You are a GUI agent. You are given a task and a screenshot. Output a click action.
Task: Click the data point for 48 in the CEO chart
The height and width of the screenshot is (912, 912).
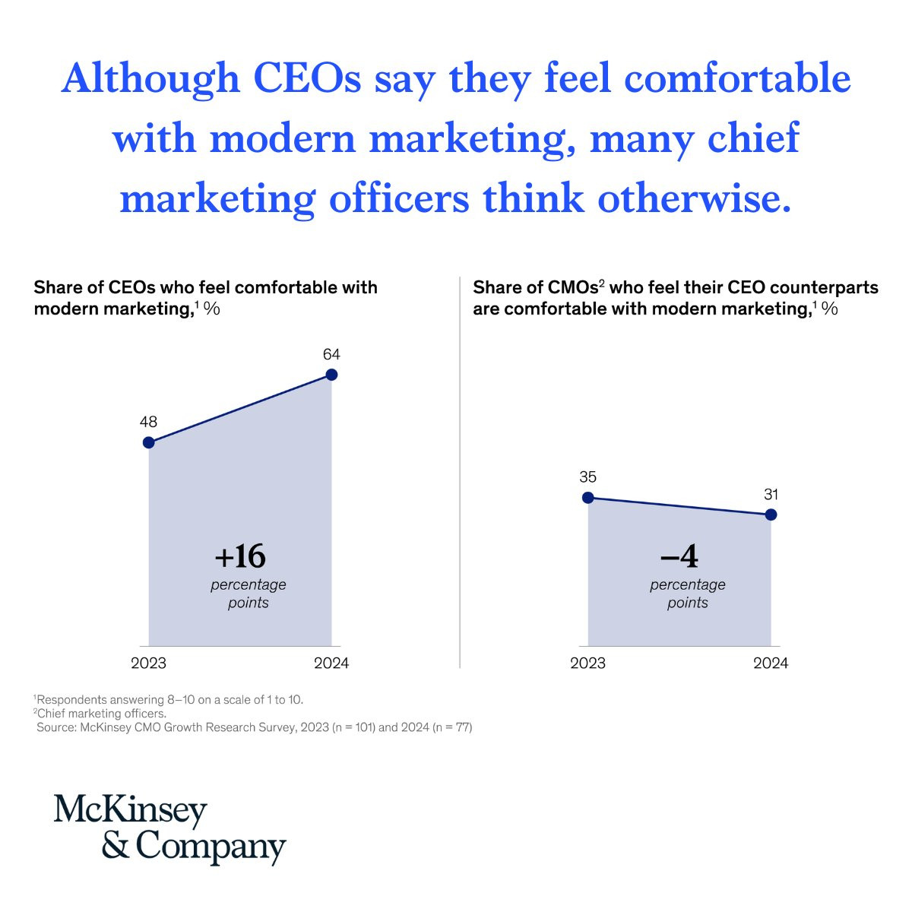point(149,442)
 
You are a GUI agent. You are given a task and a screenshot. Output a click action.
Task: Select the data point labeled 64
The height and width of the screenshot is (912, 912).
point(331,374)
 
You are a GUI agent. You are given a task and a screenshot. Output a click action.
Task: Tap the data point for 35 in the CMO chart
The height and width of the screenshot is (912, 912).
point(587,498)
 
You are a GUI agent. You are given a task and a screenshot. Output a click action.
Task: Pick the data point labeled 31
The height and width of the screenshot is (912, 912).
point(771,515)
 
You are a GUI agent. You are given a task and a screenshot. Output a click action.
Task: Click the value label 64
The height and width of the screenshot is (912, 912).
point(331,354)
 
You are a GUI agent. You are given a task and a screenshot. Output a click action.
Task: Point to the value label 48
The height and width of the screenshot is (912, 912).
point(148,423)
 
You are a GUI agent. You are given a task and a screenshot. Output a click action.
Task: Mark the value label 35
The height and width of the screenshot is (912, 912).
point(587,477)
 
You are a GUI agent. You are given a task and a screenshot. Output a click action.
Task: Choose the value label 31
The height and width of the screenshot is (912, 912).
point(771,495)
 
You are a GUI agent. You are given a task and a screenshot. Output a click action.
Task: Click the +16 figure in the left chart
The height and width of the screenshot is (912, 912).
point(240,557)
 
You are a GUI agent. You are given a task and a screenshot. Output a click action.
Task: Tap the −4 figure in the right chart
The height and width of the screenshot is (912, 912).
point(679,557)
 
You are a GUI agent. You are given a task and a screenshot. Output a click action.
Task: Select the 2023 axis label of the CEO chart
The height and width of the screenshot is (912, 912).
point(148,663)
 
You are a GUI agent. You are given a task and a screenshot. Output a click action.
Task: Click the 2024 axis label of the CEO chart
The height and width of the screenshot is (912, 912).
point(331,663)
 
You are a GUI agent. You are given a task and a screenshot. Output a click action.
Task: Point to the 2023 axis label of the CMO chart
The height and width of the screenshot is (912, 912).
point(587,663)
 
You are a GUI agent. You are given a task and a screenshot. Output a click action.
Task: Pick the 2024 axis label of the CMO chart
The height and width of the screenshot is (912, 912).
point(771,663)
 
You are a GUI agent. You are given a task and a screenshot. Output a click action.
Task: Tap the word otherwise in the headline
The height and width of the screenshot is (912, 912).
point(689,199)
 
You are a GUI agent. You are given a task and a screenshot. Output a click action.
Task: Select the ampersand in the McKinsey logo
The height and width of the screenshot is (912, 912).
point(116,845)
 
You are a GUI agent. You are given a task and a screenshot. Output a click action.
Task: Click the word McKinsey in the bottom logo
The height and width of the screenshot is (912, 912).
point(130,812)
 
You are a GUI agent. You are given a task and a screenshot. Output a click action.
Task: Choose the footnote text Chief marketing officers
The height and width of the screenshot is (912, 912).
point(101,714)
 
